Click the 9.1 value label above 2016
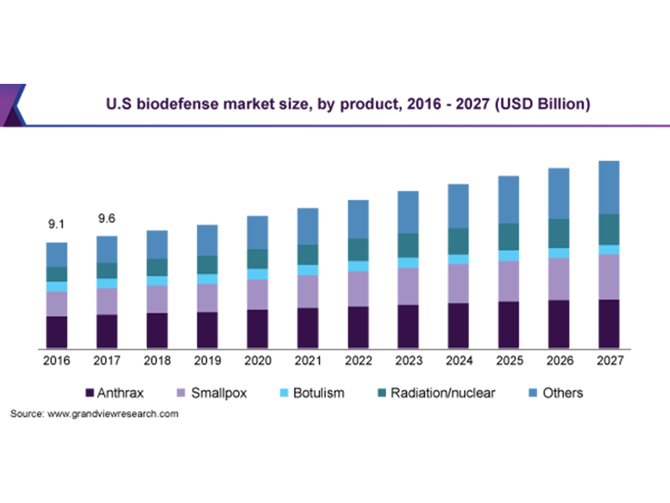coord(57,223)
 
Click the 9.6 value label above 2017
coord(107,219)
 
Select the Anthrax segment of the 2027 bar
coord(608,323)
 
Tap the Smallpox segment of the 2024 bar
coord(458,283)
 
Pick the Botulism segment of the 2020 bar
coord(257,274)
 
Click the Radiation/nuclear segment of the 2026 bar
coord(559,234)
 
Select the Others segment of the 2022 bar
coord(358,219)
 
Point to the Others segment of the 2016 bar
coord(57,254)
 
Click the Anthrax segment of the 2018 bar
coord(157,330)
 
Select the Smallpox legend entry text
coord(219,393)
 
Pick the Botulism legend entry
coord(318,393)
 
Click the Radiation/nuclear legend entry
coord(443,393)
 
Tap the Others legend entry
coord(562,393)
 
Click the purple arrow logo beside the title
coord(12,104)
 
